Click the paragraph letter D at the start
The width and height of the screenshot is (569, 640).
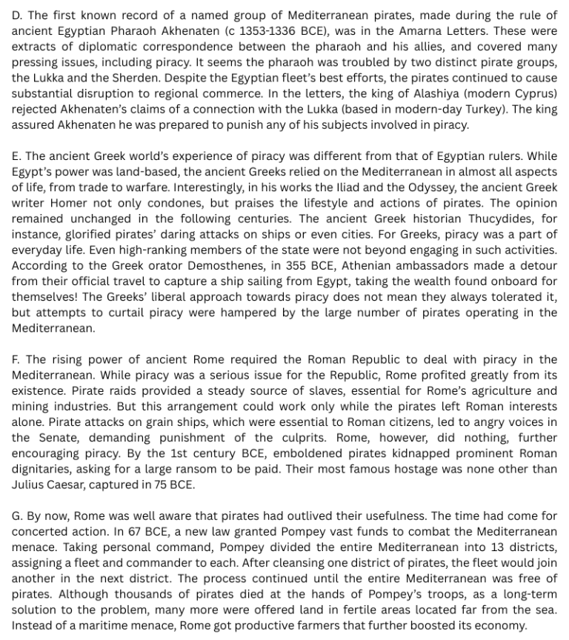click(16, 16)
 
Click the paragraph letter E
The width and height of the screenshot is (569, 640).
click(16, 156)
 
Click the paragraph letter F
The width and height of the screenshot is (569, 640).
click(16, 359)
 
